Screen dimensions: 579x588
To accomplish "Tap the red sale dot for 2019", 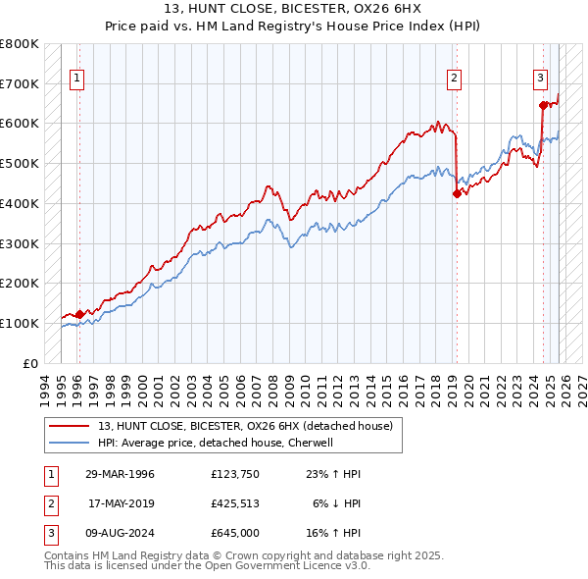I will coord(457,193).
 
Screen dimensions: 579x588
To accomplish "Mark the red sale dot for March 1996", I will coord(79,314).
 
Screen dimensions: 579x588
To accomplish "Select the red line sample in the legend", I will coord(71,426).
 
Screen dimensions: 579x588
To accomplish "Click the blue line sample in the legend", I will coord(71,443).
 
